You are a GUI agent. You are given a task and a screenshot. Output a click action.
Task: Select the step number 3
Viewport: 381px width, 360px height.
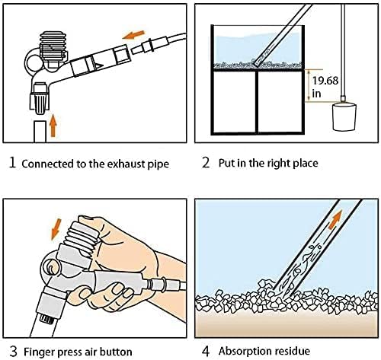pyautogui.click(x=10, y=351)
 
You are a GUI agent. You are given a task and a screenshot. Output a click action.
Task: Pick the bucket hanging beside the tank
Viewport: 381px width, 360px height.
pyautogui.click(x=347, y=119)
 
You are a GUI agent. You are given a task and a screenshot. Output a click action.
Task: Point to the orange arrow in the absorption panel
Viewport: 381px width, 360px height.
pyautogui.click(x=334, y=219)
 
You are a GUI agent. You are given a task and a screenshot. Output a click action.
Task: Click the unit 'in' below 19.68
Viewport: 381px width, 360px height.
pyautogui.click(x=318, y=94)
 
